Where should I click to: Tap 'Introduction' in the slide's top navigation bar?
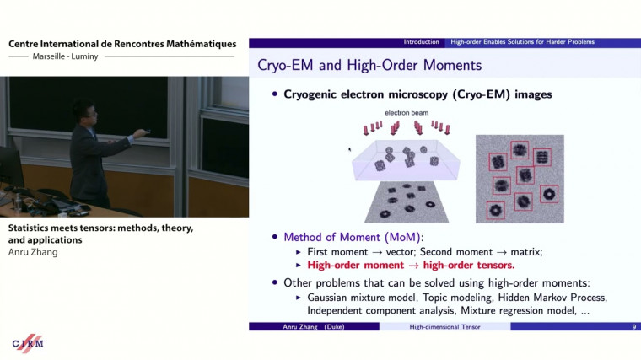tap(422, 42)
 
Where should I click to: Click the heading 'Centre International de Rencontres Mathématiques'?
tap(122, 44)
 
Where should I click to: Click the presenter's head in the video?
tap(82, 112)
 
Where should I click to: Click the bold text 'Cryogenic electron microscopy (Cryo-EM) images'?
tap(417, 94)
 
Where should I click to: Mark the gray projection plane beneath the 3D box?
tap(410, 202)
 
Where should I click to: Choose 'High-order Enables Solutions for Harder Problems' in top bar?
tap(522, 42)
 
